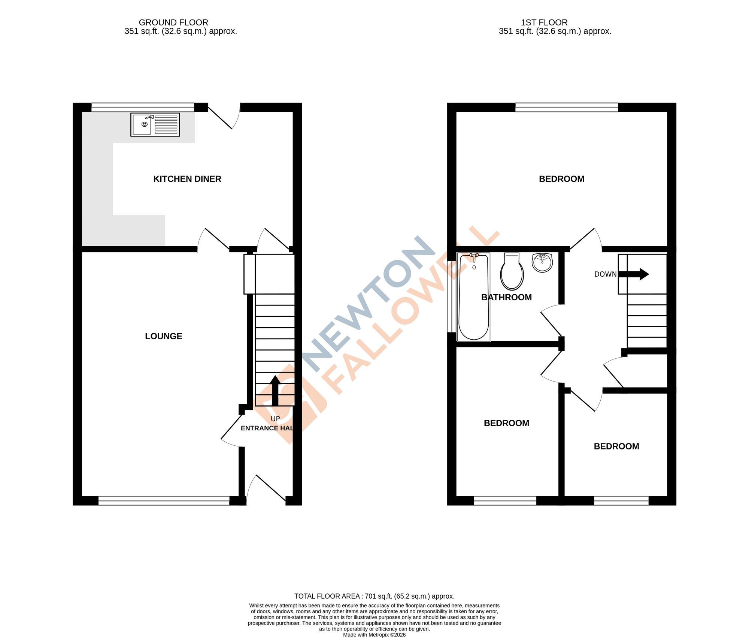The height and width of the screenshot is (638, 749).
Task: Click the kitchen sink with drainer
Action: (x=155, y=124)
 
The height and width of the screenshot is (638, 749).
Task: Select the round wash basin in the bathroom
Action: (x=542, y=262)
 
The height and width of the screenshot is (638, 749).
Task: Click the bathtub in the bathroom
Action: (x=474, y=297)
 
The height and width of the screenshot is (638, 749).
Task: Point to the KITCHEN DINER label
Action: (x=187, y=179)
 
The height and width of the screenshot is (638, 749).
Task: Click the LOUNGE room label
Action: (x=164, y=336)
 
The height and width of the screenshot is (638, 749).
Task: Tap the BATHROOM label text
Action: (x=506, y=297)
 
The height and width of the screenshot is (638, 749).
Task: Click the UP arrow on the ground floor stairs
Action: (x=275, y=391)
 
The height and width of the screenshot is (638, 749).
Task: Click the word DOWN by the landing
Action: (x=605, y=274)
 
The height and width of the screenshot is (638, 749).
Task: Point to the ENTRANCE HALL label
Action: (x=267, y=428)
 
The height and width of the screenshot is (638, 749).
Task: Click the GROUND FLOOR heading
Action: (x=173, y=22)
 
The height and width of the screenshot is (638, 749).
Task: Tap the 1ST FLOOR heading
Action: (x=544, y=22)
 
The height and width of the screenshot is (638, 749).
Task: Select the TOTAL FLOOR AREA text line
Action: (x=374, y=596)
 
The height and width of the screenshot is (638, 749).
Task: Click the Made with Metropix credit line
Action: (x=374, y=635)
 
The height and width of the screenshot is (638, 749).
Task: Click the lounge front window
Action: (x=164, y=501)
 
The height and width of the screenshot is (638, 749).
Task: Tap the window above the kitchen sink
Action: (x=143, y=107)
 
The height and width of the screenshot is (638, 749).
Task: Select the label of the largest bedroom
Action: (x=561, y=179)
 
